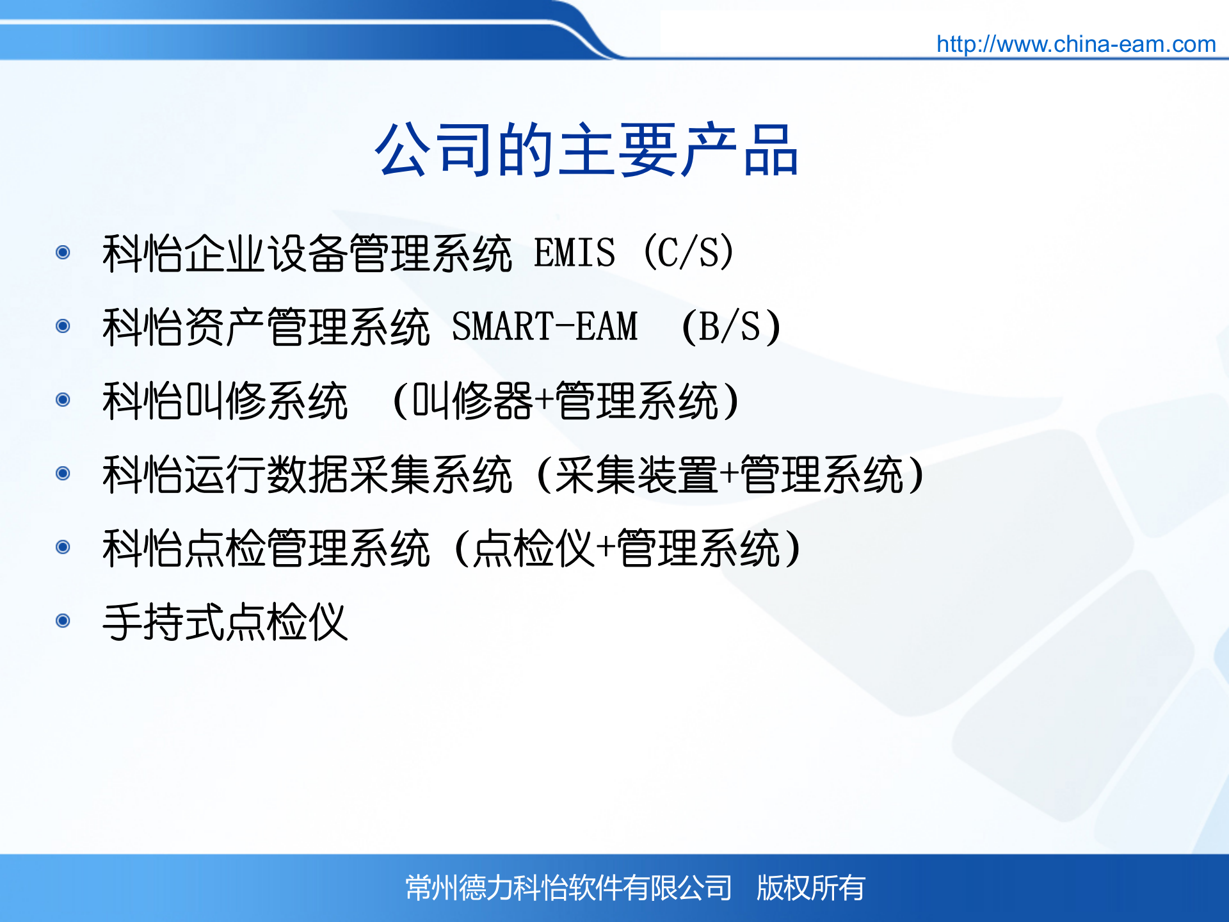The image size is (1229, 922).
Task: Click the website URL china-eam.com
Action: [x=1075, y=44]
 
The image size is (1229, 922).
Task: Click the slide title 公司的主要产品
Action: [x=586, y=150]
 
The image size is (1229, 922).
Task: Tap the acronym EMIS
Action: [x=574, y=253]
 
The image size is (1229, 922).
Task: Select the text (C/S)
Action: [x=689, y=253]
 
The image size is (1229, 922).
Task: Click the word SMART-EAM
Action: [x=545, y=327]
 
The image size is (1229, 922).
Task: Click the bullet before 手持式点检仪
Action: [x=63, y=620]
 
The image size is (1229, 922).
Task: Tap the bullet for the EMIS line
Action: [x=63, y=252]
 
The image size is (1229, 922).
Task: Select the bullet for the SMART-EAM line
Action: [x=63, y=326]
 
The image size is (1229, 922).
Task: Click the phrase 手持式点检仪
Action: [x=225, y=622]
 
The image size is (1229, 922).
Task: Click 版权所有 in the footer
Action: [x=810, y=888]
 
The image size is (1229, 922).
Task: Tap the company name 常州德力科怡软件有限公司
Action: [x=568, y=888]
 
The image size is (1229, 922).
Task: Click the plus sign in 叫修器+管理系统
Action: [x=544, y=401]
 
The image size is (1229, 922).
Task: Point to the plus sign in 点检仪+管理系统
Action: [x=606, y=548]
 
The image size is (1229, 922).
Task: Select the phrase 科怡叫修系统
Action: [x=225, y=401]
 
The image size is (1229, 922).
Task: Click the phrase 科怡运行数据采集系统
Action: [x=307, y=474]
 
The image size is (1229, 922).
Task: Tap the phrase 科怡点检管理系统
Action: [x=266, y=548]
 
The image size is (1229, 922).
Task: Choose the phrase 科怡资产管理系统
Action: [x=266, y=327]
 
